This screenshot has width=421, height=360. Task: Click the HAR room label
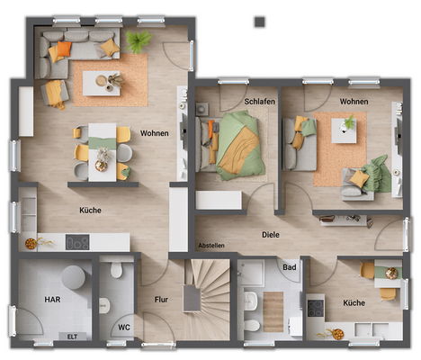click(52, 299)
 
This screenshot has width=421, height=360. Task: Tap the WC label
click(124, 328)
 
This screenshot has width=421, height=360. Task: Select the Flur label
click(161, 299)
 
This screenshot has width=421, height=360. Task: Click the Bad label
click(289, 267)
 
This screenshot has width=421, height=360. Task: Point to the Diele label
click(271, 235)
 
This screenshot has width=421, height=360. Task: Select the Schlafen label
click(260, 102)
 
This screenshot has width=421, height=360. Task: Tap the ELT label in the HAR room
click(72, 337)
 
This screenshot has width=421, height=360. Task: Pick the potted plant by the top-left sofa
click(139, 41)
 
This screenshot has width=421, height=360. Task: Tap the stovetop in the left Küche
click(77, 242)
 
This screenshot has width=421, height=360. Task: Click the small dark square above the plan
click(260, 20)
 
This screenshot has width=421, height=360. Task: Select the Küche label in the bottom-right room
click(354, 303)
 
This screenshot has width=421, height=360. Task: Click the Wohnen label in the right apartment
click(354, 102)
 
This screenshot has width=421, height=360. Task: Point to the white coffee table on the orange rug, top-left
click(102, 81)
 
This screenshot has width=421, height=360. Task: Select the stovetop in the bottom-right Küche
click(316, 308)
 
